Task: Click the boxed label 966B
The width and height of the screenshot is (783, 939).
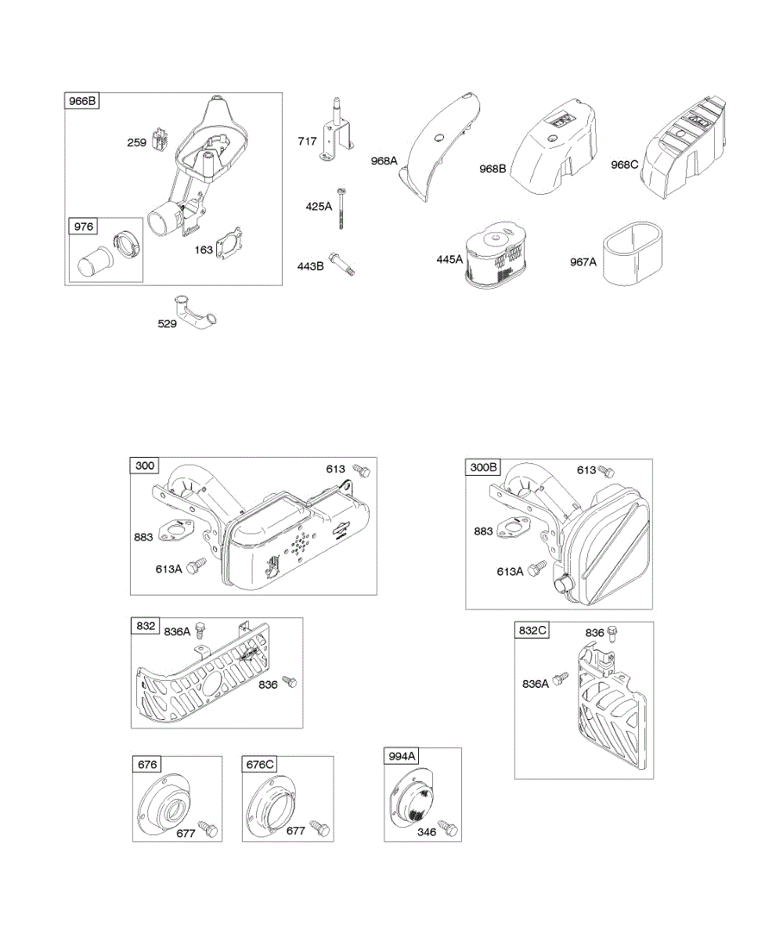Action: click(82, 101)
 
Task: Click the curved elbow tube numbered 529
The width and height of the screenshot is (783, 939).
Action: click(195, 313)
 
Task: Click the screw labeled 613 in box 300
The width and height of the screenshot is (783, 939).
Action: click(361, 470)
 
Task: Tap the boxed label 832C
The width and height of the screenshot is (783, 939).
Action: click(532, 631)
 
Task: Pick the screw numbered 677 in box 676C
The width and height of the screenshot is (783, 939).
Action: click(318, 827)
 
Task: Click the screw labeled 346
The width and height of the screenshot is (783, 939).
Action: click(447, 826)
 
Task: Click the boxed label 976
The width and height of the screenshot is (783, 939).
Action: click(84, 227)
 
